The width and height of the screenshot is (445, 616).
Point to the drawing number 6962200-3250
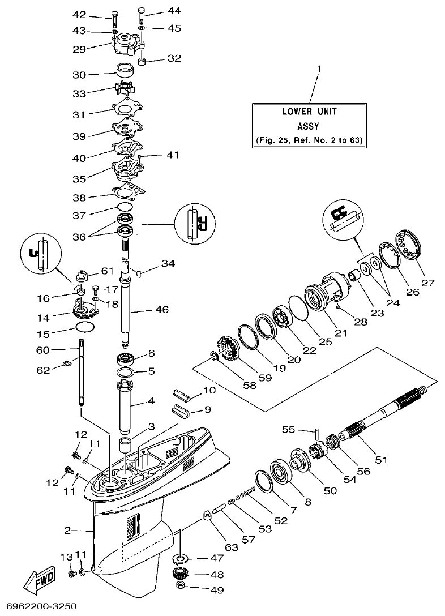(39, 606)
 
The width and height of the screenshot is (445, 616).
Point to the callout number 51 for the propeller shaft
(382, 459)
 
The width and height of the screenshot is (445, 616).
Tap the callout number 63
(215, 548)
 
